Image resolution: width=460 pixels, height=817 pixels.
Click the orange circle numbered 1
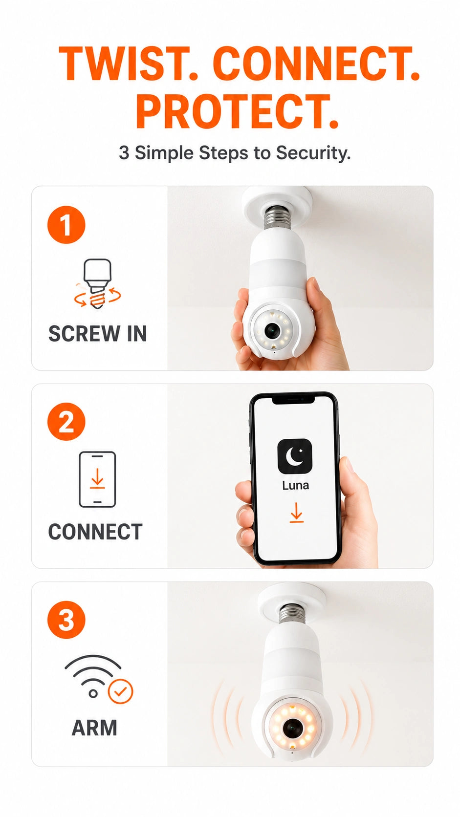[66, 225]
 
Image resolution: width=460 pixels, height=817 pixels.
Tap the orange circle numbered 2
[66, 422]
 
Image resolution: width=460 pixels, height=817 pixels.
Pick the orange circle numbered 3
[66, 620]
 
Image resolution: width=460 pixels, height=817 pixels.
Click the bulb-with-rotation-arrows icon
[97, 284]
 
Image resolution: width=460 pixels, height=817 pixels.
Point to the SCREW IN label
[97, 334]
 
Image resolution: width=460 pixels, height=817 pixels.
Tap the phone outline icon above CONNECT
[97, 479]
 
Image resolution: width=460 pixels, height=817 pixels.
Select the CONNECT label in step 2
[95, 532]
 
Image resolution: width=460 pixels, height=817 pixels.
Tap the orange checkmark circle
[121, 691]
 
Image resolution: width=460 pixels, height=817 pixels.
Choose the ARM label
[94, 728]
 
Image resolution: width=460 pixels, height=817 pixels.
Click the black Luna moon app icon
[295, 456]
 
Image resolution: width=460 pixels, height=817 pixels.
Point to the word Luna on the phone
[295, 485]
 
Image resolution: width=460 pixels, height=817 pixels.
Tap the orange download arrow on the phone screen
[296, 513]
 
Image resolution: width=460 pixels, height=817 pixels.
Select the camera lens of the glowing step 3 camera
[292, 729]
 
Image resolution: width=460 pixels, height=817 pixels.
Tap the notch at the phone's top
[293, 399]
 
